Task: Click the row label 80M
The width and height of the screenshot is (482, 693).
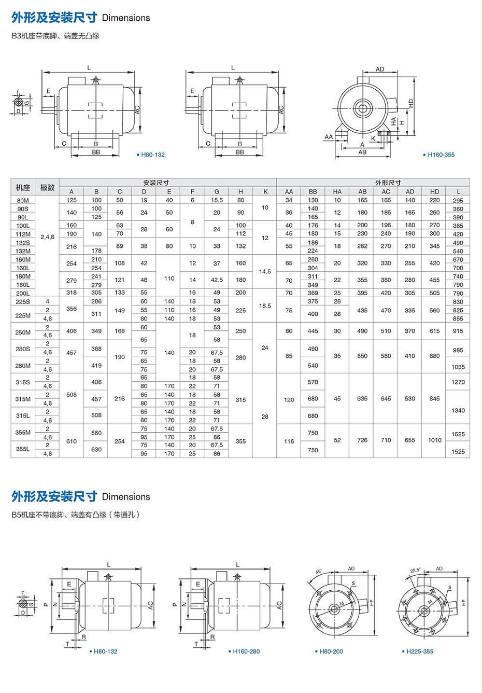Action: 23,200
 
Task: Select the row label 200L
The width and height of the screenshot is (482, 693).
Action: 23,293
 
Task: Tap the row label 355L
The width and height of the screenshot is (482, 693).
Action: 23,449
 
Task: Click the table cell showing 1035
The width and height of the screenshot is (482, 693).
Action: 458,367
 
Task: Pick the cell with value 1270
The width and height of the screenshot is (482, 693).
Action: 458,382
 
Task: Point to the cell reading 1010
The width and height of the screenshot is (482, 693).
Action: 434,440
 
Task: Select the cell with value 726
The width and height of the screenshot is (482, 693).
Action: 362,440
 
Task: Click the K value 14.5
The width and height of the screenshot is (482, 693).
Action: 265,271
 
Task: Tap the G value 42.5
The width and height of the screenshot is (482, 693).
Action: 217,280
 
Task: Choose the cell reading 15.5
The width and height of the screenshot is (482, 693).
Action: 217,200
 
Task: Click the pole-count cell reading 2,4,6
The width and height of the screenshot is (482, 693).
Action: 47,237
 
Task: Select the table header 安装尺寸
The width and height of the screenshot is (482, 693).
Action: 156,183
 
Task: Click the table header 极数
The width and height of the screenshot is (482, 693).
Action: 47,187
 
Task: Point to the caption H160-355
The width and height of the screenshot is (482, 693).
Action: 441,155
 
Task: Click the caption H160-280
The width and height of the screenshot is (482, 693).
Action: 246,652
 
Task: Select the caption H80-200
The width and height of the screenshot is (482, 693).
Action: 331,652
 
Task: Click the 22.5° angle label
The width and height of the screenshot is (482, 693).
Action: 415,570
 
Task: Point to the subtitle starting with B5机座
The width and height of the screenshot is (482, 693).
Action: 76,515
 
